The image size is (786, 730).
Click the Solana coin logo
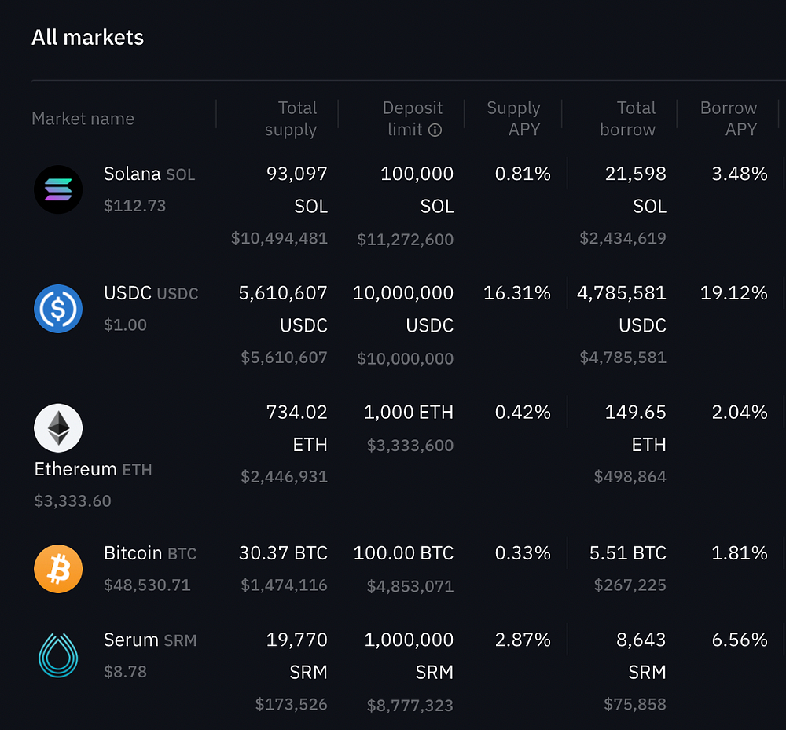tap(58, 189)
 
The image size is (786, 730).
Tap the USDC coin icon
tap(58, 309)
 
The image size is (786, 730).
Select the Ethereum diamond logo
tap(58, 428)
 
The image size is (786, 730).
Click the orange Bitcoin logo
tap(58, 569)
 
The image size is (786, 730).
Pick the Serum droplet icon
tap(58, 656)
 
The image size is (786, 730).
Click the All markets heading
tap(87, 38)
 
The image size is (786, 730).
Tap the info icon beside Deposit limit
tap(435, 130)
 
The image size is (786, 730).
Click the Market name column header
tap(83, 119)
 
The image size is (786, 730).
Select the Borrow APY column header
tap(728, 119)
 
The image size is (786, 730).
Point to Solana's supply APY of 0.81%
tap(523, 174)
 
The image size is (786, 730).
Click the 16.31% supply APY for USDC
tap(517, 293)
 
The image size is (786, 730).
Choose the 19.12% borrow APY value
tap(733, 293)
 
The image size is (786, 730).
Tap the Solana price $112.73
tap(134, 206)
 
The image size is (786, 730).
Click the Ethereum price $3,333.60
tap(72, 501)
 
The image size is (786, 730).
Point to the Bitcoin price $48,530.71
tap(147, 585)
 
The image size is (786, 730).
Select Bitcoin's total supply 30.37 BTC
tap(283, 553)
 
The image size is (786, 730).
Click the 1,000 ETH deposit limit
tap(409, 413)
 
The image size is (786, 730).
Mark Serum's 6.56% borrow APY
tap(739, 640)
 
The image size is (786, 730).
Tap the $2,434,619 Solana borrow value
tap(623, 238)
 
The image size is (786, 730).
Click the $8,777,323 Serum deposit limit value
tap(410, 706)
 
